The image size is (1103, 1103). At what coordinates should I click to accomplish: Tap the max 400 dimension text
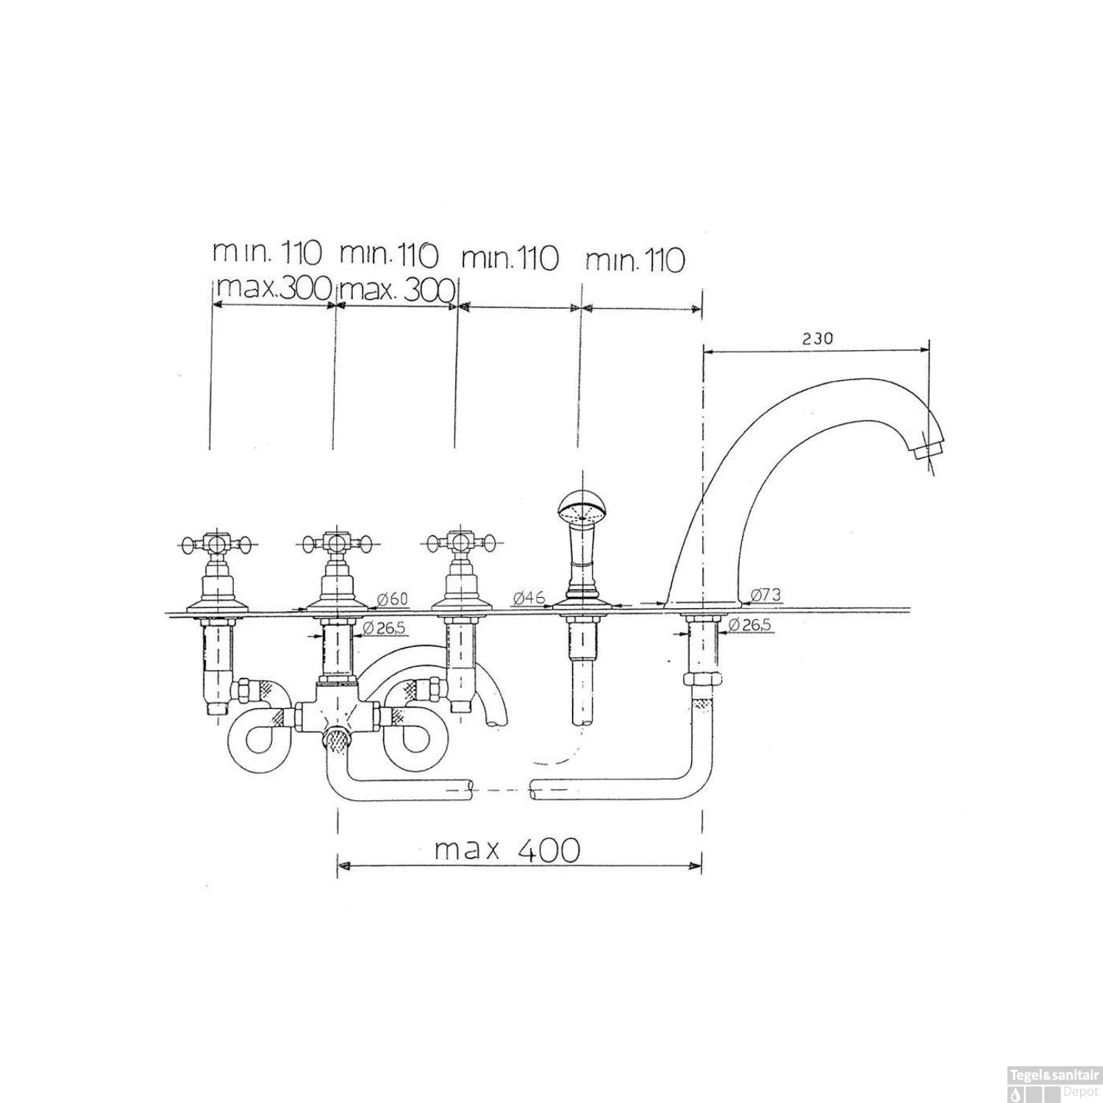[x=507, y=850]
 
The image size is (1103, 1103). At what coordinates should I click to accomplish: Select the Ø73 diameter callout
[x=765, y=595]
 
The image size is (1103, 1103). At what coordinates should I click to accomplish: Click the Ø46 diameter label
[x=529, y=597]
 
